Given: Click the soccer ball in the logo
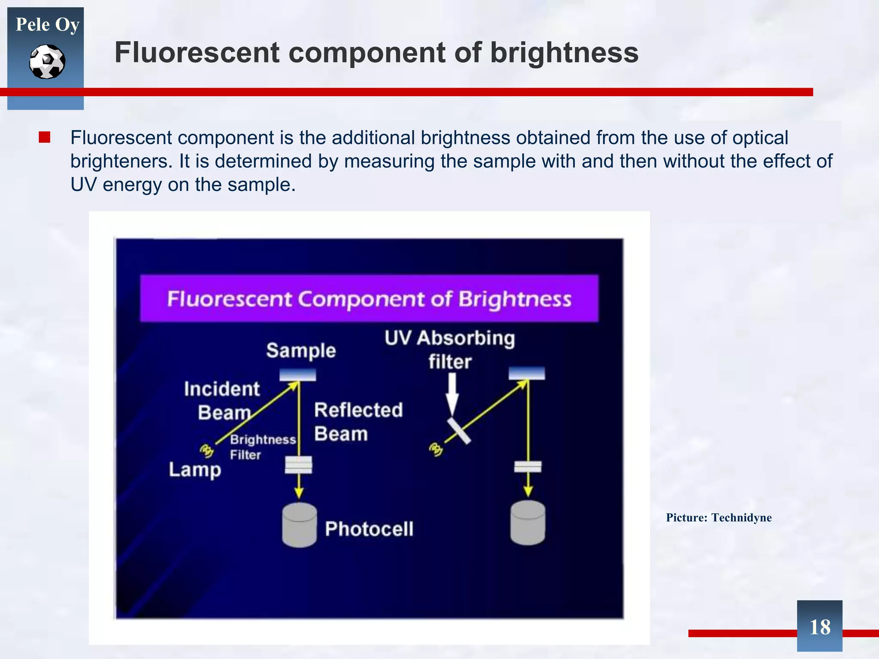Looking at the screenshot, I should click(47, 62).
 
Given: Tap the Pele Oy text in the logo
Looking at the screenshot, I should click(47, 24).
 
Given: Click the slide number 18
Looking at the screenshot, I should click(819, 627).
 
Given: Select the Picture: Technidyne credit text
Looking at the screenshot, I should click(718, 517).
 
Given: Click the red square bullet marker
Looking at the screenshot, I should click(44, 137).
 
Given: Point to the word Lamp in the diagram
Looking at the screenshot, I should click(195, 470).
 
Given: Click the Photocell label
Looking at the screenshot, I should click(369, 529).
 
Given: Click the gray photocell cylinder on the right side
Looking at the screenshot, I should click(527, 523).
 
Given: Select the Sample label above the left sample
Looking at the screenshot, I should click(301, 351).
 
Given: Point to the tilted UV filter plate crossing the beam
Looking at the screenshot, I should click(459, 431).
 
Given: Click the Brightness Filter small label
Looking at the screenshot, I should click(262, 447).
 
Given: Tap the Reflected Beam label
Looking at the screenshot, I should click(358, 422).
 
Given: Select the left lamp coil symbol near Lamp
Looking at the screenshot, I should click(206, 450).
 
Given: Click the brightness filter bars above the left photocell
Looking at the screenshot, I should click(299, 465).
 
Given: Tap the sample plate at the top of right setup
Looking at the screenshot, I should click(527, 373).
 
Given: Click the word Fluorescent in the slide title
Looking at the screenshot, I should click(197, 53).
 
